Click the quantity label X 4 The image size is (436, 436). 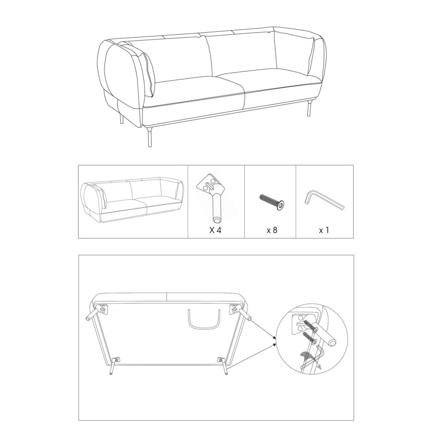215,230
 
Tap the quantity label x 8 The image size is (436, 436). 272,230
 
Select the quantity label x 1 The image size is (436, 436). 324,230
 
